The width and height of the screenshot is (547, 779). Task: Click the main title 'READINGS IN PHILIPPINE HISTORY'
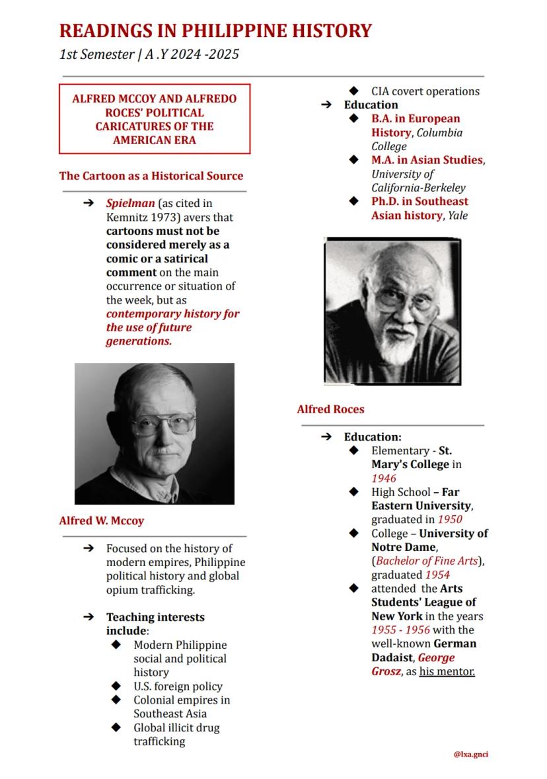(x=215, y=30)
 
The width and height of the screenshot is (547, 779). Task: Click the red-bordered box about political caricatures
(x=155, y=119)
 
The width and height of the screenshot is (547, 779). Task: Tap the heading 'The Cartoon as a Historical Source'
(x=151, y=176)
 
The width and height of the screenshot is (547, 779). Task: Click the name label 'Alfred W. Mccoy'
(x=101, y=520)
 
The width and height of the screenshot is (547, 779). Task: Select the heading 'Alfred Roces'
(x=330, y=409)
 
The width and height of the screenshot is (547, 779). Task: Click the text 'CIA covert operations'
(x=425, y=91)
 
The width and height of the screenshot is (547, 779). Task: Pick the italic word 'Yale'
(x=458, y=215)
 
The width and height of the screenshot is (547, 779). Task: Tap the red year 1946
(x=383, y=478)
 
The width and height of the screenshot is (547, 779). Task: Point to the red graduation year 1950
(x=449, y=520)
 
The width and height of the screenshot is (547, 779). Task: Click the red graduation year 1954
(x=437, y=575)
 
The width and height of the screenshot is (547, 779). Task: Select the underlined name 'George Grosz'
(x=413, y=665)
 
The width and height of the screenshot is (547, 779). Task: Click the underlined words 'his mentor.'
(x=447, y=671)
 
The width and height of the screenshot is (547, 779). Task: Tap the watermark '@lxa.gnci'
(x=471, y=755)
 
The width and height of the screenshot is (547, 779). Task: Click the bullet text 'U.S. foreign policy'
(x=178, y=686)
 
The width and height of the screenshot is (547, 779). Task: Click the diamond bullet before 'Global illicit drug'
(x=116, y=727)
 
